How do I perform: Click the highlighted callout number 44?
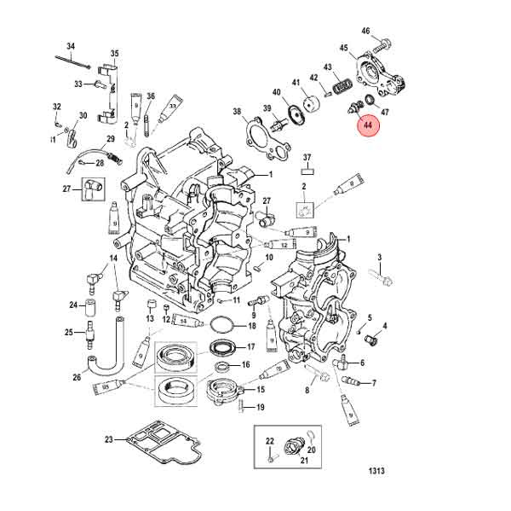(368, 127)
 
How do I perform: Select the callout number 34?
(71, 45)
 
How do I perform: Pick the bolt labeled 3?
(385, 279)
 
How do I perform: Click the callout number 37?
(307, 157)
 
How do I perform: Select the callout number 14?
(112, 258)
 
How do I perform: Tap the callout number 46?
(365, 31)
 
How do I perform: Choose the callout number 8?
(307, 391)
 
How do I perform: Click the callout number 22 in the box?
(269, 440)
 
